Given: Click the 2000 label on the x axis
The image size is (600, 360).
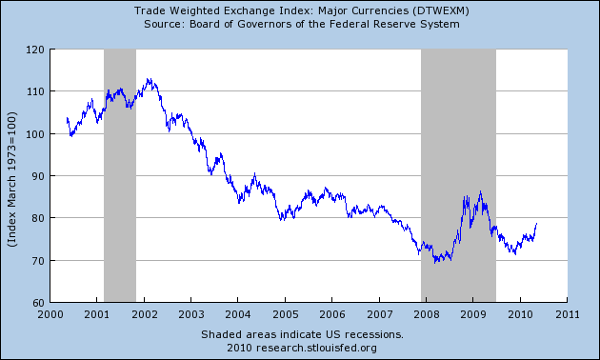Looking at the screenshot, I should [x=50, y=313].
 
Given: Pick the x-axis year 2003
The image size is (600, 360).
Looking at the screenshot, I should [x=190, y=313].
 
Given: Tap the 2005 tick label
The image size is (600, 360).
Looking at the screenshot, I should [x=285, y=313].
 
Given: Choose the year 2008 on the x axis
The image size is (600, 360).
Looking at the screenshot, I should [x=426, y=313].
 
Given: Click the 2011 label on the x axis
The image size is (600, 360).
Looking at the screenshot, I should [x=567, y=313].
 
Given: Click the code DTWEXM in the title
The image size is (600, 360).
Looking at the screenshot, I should [x=413, y=10].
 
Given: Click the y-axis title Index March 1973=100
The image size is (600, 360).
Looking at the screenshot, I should [x=12, y=177].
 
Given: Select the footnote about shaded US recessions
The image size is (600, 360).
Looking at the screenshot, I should [x=302, y=334].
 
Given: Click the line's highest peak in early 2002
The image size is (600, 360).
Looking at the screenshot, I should [x=148, y=79].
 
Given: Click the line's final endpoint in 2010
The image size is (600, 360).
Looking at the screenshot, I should [x=537, y=224].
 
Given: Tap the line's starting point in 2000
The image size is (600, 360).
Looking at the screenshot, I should [x=67, y=119].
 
